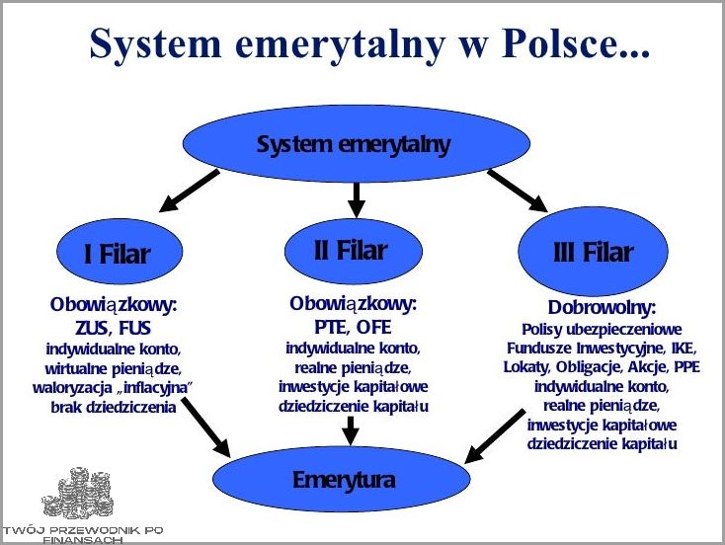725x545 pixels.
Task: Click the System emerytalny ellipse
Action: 354,145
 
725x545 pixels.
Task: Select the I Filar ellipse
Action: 116,253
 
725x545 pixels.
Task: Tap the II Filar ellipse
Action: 351,250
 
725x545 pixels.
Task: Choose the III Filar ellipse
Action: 592,253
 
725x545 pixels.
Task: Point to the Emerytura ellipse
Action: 345,481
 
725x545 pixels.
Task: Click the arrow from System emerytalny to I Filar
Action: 190,191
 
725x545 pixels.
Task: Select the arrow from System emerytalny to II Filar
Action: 357,198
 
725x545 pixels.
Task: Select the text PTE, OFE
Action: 353,325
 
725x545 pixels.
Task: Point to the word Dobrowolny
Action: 602,308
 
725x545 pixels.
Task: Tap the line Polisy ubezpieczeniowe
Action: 602,328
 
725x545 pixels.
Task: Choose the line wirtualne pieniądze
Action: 116,366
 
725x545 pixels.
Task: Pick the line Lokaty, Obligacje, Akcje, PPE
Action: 603,366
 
